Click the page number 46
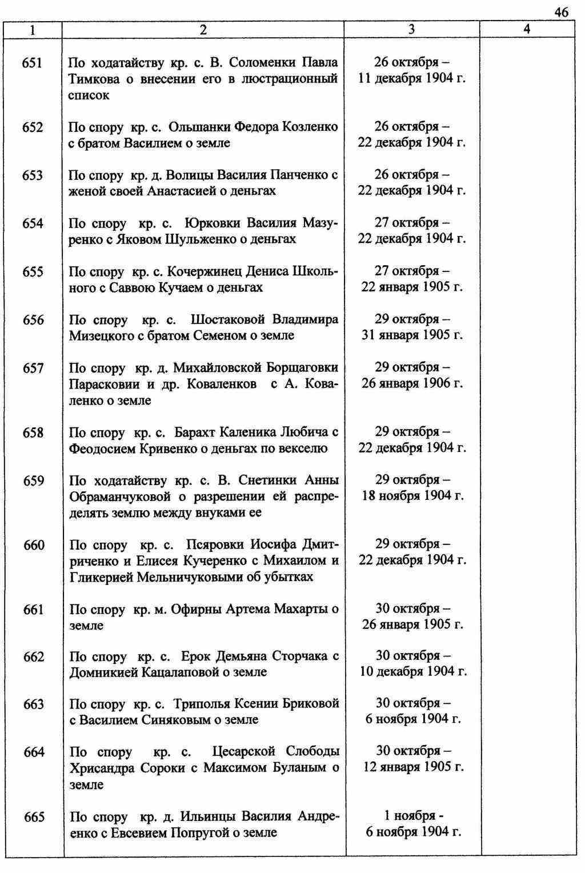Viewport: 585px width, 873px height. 561,12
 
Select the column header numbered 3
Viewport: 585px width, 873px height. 412,30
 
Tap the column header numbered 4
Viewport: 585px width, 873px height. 527,30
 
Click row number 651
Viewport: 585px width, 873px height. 33,62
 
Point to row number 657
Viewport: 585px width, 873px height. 33,368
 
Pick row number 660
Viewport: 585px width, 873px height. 34,545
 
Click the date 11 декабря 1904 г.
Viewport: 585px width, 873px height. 412,78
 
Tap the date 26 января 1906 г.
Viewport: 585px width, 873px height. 412,383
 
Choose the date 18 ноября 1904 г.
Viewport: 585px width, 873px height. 412,495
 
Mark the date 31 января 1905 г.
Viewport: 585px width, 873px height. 412,335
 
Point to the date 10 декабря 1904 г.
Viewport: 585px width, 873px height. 413,671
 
